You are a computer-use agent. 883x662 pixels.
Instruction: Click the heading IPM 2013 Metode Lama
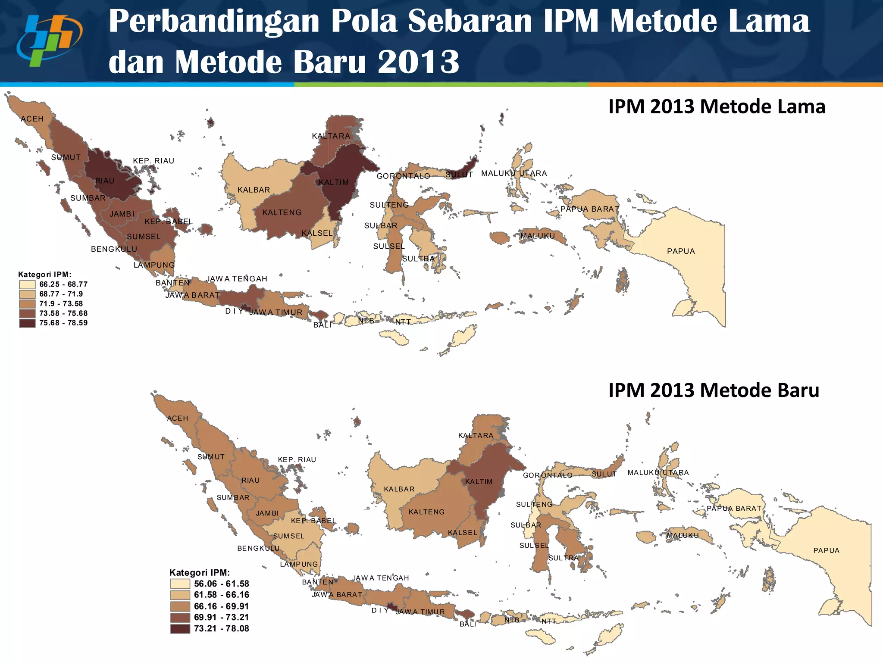pyautogui.click(x=717, y=106)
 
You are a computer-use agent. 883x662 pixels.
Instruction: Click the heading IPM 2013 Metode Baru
pyautogui.click(x=714, y=390)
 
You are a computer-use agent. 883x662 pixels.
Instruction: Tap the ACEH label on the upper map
pyautogui.click(x=32, y=119)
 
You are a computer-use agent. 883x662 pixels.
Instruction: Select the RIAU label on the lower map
pyautogui.click(x=250, y=481)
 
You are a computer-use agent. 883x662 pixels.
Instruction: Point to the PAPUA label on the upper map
pyautogui.click(x=681, y=251)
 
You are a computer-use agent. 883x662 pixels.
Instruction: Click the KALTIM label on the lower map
pyautogui.click(x=479, y=482)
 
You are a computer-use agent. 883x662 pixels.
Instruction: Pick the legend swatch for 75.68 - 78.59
pyautogui.click(x=27, y=323)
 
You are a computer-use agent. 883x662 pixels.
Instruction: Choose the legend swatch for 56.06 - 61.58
pyautogui.click(x=180, y=584)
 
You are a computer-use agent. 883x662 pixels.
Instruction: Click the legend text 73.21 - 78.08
pyautogui.click(x=221, y=628)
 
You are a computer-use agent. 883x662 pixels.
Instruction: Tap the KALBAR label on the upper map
pyautogui.click(x=254, y=190)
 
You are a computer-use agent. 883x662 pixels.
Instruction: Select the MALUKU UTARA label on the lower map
pyautogui.click(x=658, y=473)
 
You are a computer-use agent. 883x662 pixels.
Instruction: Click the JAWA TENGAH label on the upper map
pyautogui.click(x=237, y=279)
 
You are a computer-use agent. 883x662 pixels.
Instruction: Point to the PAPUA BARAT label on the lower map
pyautogui.click(x=734, y=509)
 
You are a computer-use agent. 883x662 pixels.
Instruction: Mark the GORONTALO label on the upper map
pyautogui.click(x=403, y=176)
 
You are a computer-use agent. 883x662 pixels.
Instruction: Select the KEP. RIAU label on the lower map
pyautogui.click(x=297, y=460)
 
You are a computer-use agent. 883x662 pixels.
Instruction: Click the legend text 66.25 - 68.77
pyautogui.click(x=63, y=284)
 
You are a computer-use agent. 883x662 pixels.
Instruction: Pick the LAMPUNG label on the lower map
pyautogui.click(x=299, y=564)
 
